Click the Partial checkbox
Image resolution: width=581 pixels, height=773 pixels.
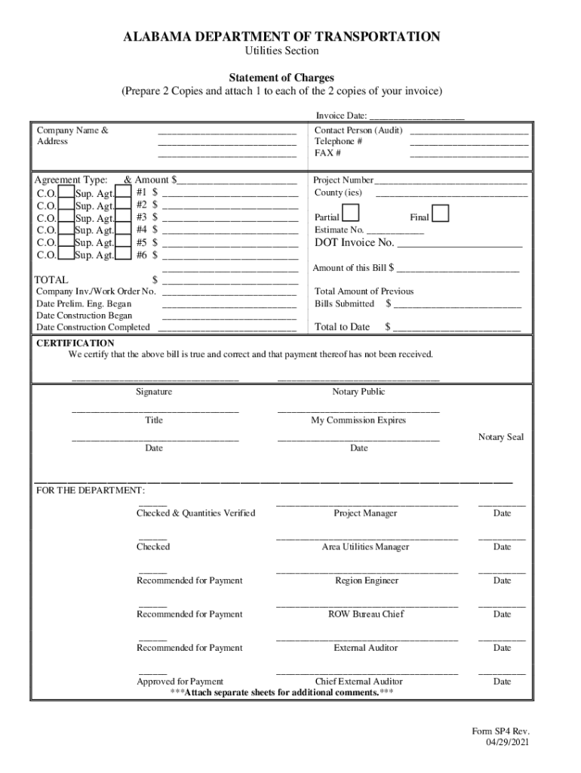coord(351,214)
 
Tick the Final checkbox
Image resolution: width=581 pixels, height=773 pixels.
coord(441,214)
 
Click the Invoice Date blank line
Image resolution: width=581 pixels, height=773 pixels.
coord(417,116)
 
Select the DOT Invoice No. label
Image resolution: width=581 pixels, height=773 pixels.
coord(354,242)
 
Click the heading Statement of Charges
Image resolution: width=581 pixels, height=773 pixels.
coord(281,78)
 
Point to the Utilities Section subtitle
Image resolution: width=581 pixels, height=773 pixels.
coord(281,51)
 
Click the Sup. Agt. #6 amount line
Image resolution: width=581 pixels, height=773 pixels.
coord(229,255)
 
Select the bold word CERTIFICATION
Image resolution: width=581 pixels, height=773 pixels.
coord(75,343)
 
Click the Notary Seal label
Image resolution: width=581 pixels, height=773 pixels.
coord(500,437)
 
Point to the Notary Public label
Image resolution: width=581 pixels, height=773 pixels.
coord(358,392)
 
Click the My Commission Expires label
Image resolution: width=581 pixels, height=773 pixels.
coord(358,420)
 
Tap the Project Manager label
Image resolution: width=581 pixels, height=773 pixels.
coord(365,513)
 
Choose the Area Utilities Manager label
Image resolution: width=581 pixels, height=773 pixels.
coord(365,547)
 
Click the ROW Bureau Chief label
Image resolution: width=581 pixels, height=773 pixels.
coord(365,614)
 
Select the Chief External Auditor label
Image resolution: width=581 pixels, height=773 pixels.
coord(358,682)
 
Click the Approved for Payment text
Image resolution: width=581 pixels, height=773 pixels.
coord(180,682)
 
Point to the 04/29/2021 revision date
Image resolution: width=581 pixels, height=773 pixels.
coord(508,743)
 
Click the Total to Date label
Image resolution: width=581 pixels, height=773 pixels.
coord(342,327)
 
